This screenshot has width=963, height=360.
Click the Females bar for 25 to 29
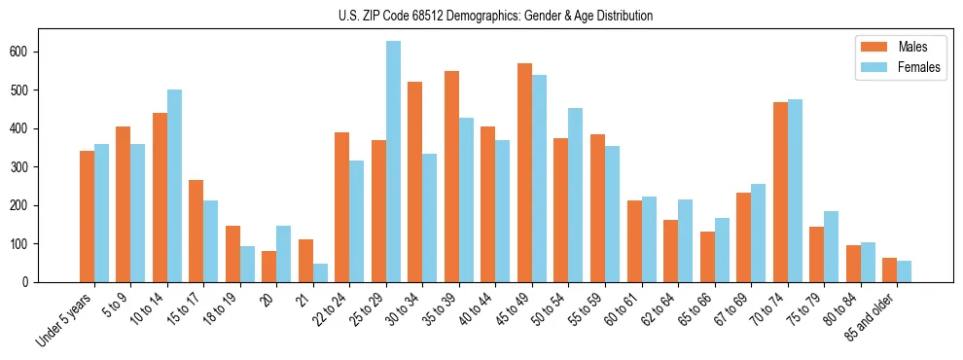[393, 162]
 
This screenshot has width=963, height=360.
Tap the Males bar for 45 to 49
[524, 173]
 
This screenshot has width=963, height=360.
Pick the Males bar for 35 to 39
[451, 177]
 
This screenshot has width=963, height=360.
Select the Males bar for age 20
[269, 267]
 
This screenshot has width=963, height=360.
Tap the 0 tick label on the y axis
[31, 282]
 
